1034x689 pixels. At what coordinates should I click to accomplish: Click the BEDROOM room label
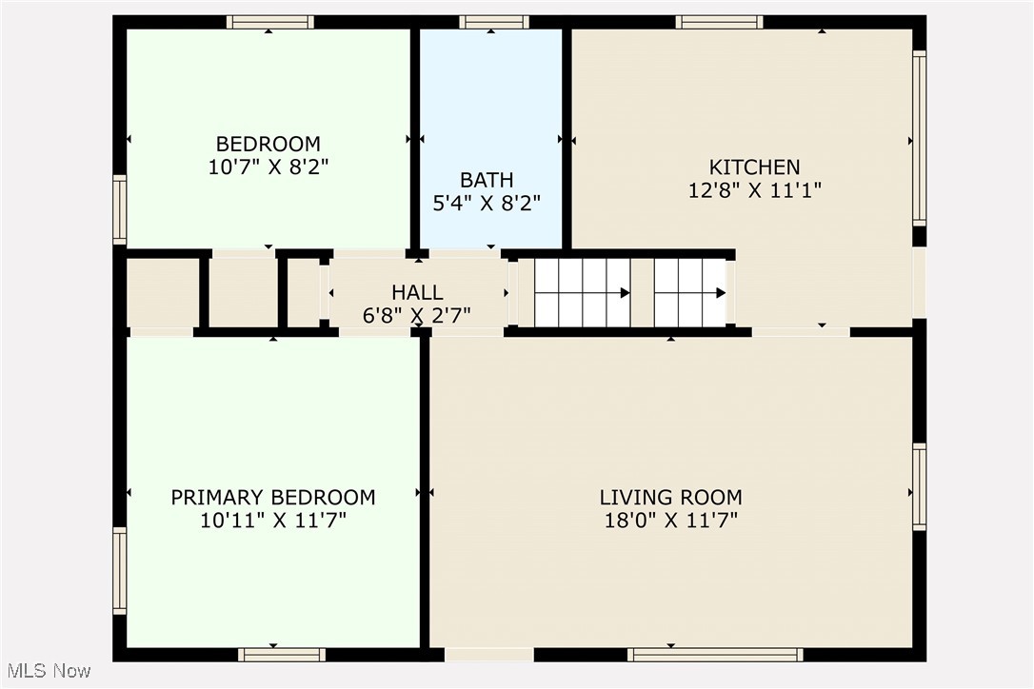[x=268, y=144]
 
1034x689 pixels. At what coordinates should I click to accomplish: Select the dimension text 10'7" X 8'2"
[x=268, y=167]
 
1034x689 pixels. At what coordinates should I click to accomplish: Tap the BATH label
[x=487, y=179]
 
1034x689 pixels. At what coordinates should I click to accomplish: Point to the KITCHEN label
[x=754, y=167]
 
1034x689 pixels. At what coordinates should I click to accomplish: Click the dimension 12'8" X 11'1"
[x=754, y=189]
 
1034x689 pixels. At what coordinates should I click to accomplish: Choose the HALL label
[x=416, y=292]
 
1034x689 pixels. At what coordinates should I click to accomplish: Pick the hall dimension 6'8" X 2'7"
[x=416, y=315]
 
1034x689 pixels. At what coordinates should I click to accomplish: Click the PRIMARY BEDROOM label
[x=272, y=497]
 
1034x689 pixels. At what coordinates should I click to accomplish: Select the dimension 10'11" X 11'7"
[x=272, y=520]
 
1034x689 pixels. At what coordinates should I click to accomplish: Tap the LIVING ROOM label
[x=670, y=497]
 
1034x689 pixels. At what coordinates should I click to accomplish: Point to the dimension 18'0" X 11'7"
[x=670, y=520]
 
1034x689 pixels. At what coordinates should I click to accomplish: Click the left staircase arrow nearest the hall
[x=625, y=293]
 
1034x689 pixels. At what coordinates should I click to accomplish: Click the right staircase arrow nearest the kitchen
[x=721, y=293]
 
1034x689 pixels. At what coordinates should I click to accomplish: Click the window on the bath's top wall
[x=493, y=22]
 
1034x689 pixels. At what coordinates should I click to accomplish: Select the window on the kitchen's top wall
[x=719, y=22]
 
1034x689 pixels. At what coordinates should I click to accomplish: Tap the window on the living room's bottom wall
[x=715, y=655]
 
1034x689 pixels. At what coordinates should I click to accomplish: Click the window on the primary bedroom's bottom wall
[x=281, y=655]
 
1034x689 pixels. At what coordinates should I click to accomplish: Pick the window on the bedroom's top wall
[x=269, y=22]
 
